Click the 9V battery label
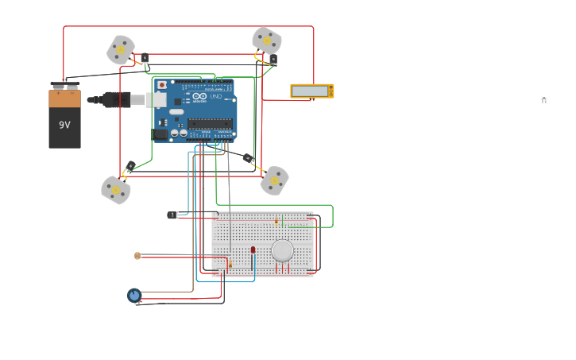(x=64, y=125)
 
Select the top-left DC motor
(x=121, y=50)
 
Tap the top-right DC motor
(x=266, y=40)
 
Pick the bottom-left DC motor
(x=116, y=190)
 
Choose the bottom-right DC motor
(x=274, y=180)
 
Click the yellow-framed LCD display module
(x=311, y=91)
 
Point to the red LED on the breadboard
(x=253, y=250)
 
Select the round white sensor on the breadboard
(x=282, y=250)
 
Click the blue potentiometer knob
(x=134, y=296)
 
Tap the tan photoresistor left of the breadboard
(x=137, y=256)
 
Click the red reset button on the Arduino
(x=162, y=84)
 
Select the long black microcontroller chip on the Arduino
(x=210, y=124)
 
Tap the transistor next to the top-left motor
(x=145, y=58)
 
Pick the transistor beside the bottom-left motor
(x=131, y=166)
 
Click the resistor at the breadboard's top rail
(x=276, y=221)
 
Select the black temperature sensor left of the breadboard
(x=172, y=215)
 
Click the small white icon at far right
(x=544, y=99)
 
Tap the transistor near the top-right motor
(x=273, y=60)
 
